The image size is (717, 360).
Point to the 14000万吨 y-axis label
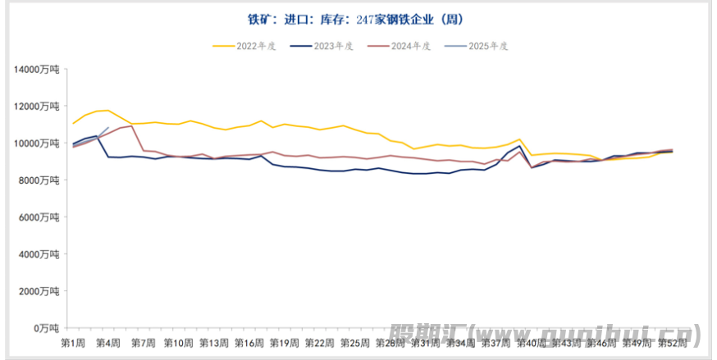coord(37,70)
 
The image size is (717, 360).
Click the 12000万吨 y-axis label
coord(37,107)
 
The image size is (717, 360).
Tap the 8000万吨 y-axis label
coord(39,180)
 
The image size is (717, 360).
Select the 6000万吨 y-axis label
coord(39,217)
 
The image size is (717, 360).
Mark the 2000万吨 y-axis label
coord(39,291)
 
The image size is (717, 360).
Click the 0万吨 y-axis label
coord(45,328)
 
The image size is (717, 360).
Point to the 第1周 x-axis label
coord(73,342)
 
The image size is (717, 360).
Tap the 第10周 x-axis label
coord(178,342)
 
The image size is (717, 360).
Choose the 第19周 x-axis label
coord(284,342)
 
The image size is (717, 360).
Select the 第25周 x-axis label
coord(354,342)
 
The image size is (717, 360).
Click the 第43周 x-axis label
coord(566,342)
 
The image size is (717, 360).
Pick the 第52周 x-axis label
coord(672,342)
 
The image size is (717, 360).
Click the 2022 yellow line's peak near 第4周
coord(107,110)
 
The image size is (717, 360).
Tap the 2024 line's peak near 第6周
coord(132,125)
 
